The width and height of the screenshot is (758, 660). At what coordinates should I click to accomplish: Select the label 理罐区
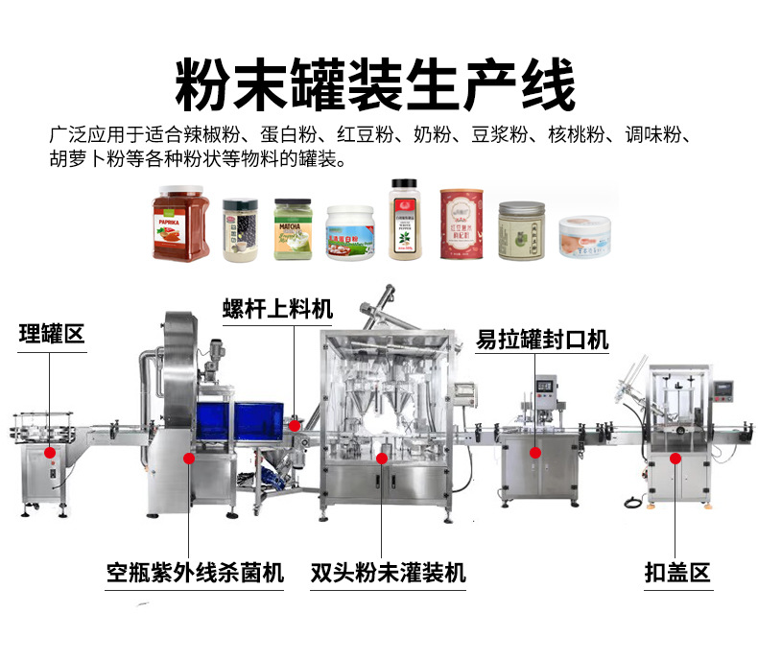52,334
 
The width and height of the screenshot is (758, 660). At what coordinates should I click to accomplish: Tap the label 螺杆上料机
277,308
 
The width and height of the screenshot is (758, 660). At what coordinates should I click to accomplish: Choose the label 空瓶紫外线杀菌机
195,573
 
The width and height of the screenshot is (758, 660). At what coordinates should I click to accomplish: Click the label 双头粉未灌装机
389,573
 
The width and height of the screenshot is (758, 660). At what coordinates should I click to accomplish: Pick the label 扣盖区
677,573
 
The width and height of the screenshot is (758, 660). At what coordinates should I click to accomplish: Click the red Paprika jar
180,224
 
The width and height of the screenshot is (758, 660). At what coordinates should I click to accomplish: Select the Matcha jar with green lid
294,229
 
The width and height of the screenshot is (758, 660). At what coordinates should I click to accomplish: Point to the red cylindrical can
462,224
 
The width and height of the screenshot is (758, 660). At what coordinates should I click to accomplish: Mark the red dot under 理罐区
51,452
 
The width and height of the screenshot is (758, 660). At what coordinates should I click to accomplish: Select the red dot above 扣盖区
675,459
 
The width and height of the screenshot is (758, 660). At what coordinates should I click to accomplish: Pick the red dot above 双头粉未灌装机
382,459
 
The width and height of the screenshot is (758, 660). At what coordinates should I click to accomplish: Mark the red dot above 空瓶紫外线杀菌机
190,459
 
